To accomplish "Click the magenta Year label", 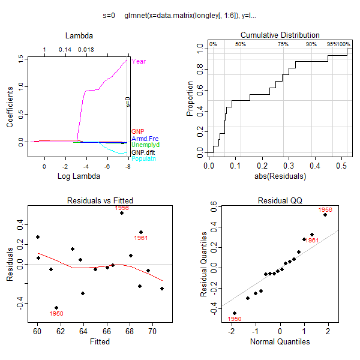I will point(139,61).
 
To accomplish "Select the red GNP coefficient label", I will point(137,131).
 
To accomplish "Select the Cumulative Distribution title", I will point(280,35).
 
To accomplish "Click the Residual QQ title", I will point(280,200).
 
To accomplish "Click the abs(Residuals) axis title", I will point(280,176).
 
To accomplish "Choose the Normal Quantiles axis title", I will point(280,341).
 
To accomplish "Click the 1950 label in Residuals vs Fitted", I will point(56,313).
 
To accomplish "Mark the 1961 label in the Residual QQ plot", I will point(311,240).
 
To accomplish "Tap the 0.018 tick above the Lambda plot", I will point(85,50).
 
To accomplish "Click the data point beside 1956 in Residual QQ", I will point(325,215).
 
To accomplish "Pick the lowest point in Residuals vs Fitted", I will point(56,308).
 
